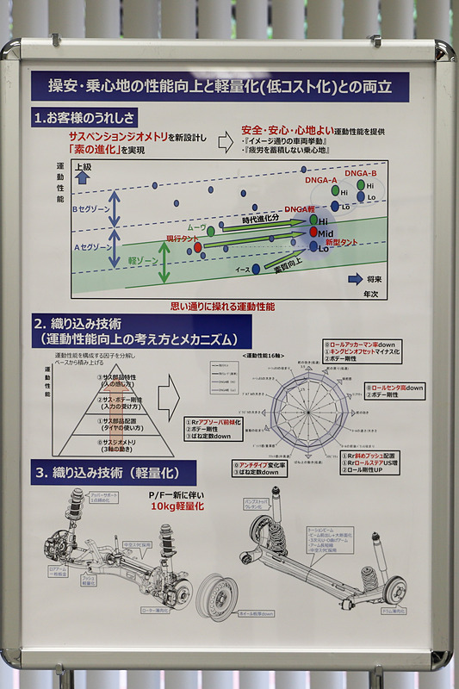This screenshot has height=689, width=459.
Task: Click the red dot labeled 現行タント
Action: pos(198,247)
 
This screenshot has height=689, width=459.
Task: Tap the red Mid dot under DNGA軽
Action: pos(313,233)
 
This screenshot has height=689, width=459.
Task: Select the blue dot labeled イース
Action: pos(256,269)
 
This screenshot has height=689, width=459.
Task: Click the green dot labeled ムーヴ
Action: pos(210,231)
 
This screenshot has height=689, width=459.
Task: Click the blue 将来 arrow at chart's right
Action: pos(354,279)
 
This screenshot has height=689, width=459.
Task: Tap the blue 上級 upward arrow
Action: pos(83,177)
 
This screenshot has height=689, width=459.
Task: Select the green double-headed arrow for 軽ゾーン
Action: pos(164,262)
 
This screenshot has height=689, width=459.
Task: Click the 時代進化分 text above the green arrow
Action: pos(264,219)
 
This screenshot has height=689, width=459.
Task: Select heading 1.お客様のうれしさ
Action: pos(85,116)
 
